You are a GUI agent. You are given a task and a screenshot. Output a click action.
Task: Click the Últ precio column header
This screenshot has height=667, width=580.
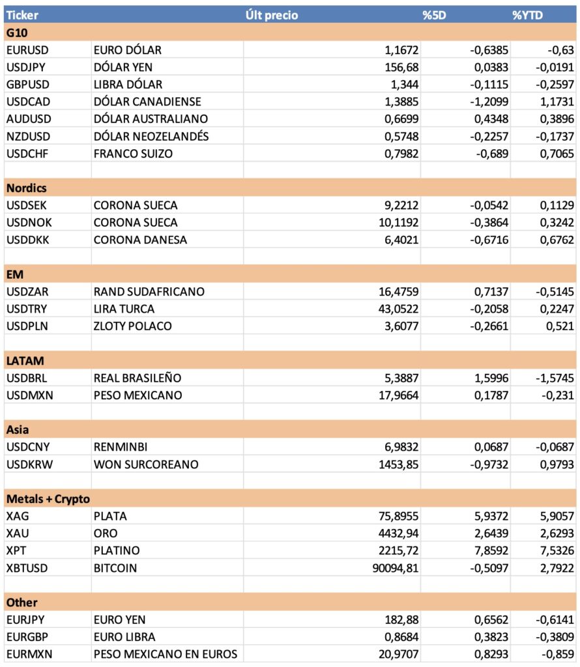[x=272, y=15]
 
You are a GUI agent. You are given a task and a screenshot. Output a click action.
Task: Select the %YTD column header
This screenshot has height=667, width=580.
[x=528, y=15]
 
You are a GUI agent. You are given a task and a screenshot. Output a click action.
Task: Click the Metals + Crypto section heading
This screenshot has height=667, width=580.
[x=48, y=498]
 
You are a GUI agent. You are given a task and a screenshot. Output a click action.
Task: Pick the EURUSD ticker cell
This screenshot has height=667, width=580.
[x=27, y=50]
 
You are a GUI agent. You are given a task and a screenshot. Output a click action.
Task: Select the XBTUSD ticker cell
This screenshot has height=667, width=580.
[x=27, y=567]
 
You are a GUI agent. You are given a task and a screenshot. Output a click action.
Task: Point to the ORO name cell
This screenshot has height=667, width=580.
[x=107, y=533]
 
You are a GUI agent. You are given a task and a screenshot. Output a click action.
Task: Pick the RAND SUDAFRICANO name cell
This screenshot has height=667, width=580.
[x=149, y=292]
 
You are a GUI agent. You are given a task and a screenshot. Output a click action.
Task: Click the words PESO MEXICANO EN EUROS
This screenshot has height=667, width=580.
[x=165, y=654]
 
